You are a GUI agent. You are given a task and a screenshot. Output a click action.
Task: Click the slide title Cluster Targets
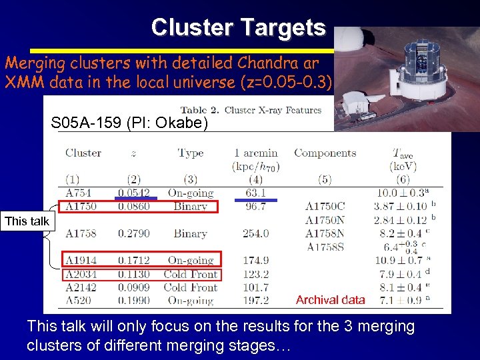tap(238, 27)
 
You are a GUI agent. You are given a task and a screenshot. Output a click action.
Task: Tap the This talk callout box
tap(27, 221)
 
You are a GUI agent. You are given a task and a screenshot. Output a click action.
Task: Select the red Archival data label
tap(330, 300)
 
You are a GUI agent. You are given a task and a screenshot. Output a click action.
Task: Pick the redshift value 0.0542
tap(134, 193)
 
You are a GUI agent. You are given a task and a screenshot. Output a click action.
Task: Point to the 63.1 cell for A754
tap(256, 193)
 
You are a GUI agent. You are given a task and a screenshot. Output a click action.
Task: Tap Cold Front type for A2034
tap(191, 274)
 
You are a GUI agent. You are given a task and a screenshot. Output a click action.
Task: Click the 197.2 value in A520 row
tap(256, 301)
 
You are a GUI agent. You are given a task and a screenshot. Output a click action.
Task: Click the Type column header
tap(191, 153)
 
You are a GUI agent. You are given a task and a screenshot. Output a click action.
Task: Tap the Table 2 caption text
tap(251, 110)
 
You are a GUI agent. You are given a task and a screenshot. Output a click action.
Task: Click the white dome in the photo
tap(348, 42)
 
